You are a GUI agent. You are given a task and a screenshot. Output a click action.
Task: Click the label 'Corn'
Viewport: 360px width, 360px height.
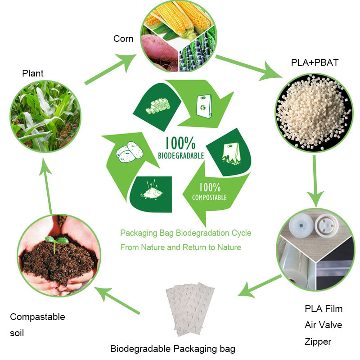[x=123, y=39]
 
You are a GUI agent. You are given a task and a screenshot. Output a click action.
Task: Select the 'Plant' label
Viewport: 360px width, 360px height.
[x=33, y=73]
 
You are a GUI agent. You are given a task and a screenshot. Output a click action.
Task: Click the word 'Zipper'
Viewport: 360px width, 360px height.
[x=318, y=342]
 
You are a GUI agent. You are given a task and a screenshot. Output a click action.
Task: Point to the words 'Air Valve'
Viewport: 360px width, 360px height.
[x=323, y=325]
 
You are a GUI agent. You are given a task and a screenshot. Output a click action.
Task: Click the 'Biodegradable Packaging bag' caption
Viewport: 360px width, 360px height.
[x=173, y=349]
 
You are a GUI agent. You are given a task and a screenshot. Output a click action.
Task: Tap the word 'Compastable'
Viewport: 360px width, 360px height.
[x=37, y=317]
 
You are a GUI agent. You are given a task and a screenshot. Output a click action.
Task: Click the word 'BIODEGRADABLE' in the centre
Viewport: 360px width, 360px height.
[x=181, y=156]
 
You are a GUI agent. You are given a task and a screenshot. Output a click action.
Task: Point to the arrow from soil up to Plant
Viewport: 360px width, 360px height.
[x=49, y=184]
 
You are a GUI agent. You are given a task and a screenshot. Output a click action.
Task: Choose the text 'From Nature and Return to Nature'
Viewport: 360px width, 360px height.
[x=180, y=247]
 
